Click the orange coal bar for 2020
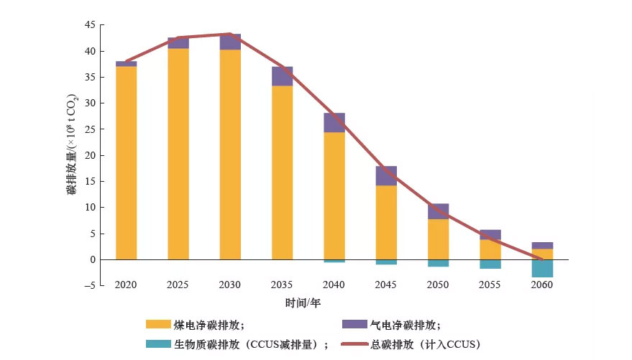[126, 162]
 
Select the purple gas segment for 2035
[282, 76]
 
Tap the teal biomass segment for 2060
[542, 268]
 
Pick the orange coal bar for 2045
[386, 222]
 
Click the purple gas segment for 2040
[334, 123]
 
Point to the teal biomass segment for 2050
[438, 263]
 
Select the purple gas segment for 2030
[230, 42]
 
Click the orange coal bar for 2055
[490, 249]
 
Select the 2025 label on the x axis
[178, 285]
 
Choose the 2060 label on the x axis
[542, 285]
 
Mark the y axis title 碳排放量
[73, 144]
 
